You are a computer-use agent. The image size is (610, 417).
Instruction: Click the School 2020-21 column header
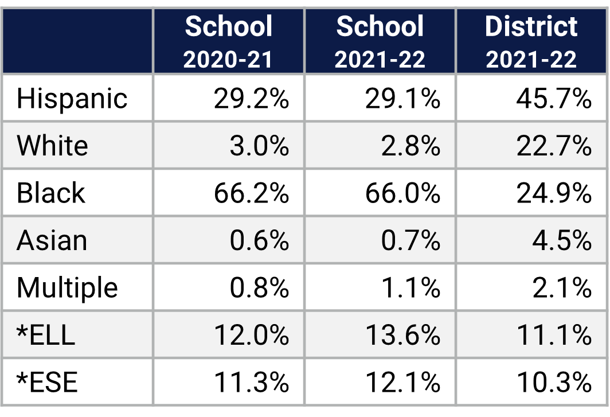[229, 41]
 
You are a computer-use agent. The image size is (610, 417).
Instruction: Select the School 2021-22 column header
[380, 41]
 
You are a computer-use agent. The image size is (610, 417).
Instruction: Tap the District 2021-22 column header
[531, 41]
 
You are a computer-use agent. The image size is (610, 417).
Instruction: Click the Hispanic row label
[72, 99]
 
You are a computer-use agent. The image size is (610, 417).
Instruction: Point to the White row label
[52, 146]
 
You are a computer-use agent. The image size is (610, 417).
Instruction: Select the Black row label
[51, 193]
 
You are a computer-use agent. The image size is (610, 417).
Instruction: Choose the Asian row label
[52, 240]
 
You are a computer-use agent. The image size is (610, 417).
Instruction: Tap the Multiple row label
[67, 287]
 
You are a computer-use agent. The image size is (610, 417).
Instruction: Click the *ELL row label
[46, 335]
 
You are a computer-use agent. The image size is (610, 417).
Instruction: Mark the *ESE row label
[47, 382]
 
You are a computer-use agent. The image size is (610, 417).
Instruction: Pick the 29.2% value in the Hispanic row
[251, 99]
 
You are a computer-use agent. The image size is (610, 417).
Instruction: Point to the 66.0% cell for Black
[402, 193]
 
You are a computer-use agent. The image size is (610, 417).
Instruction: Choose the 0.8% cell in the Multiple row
[259, 287]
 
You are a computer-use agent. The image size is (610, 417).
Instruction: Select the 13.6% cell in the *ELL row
[402, 335]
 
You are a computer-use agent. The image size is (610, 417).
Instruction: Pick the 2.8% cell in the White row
[410, 146]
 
